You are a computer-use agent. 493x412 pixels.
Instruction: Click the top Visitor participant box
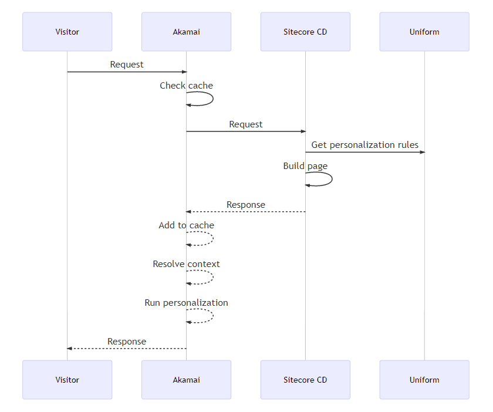[x=67, y=32]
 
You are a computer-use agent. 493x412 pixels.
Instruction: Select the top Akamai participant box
[x=186, y=32]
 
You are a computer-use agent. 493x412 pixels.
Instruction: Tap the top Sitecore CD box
[x=305, y=32]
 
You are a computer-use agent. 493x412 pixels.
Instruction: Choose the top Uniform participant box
[x=424, y=32]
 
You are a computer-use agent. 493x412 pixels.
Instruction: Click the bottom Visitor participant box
[x=67, y=380]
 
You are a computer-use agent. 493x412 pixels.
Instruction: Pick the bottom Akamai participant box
[x=186, y=380]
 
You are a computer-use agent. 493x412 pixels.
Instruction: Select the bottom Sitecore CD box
[x=305, y=380]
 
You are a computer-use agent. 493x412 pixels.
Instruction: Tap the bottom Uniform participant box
[x=424, y=380]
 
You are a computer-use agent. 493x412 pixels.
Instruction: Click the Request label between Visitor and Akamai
[x=127, y=65]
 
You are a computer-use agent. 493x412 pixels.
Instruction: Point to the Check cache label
[x=186, y=86]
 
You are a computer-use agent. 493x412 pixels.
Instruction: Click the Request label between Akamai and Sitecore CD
[x=246, y=124]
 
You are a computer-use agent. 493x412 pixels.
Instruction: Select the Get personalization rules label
[x=364, y=145]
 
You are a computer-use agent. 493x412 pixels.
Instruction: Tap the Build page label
[x=305, y=166]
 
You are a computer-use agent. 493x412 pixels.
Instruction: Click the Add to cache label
[x=186, y=225]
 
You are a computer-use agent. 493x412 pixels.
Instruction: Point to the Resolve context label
[x=186, y=264]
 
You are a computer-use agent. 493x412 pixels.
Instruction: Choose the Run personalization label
[x=186, y=303]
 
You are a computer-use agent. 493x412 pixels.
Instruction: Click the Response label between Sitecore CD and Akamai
[x=246, y=205]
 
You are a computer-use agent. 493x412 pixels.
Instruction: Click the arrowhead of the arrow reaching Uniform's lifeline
[x=421, y=153]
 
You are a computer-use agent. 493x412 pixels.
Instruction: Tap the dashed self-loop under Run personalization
[x=212, y=316]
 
